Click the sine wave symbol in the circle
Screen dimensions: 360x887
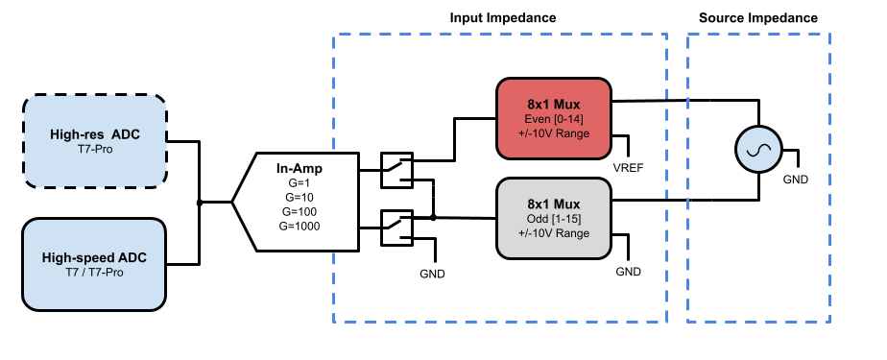pyautogui.click(x=758, y=150)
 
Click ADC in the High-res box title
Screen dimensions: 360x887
pyautogui.click(x=126, y=134)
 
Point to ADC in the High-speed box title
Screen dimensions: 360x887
pyautogui.click(x=132, y=257)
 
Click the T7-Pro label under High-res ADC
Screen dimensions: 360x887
pyautogui.click(x=95, y=150)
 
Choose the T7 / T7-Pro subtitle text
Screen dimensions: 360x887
pyautogui.click(x=94, y=273)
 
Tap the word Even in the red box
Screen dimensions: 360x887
pyautogui.click(x=538, y=119)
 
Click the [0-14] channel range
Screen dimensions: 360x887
pyautogui.click(x=569, y=119)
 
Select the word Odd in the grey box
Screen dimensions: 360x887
pyautogui.click(x=539, y=219)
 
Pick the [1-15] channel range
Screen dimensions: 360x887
pyautogui.click(x=568, y=219)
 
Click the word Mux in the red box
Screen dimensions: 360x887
pyautogui.click(x=568, y=105)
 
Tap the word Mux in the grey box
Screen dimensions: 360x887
pyautogui.click(x=568, y=204)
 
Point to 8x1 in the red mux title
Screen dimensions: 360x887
pyautogui.click(x=539, y=105)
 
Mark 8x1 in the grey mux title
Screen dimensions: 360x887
pyautogui.click(x=539, y=204)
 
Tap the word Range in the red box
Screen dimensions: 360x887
pyautogui.click(x=573, y=133)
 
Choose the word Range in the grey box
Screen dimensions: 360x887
pyautogui.click(x=573, y=233)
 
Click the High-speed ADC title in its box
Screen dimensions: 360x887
pyautogui.click(x=94, y=257)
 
